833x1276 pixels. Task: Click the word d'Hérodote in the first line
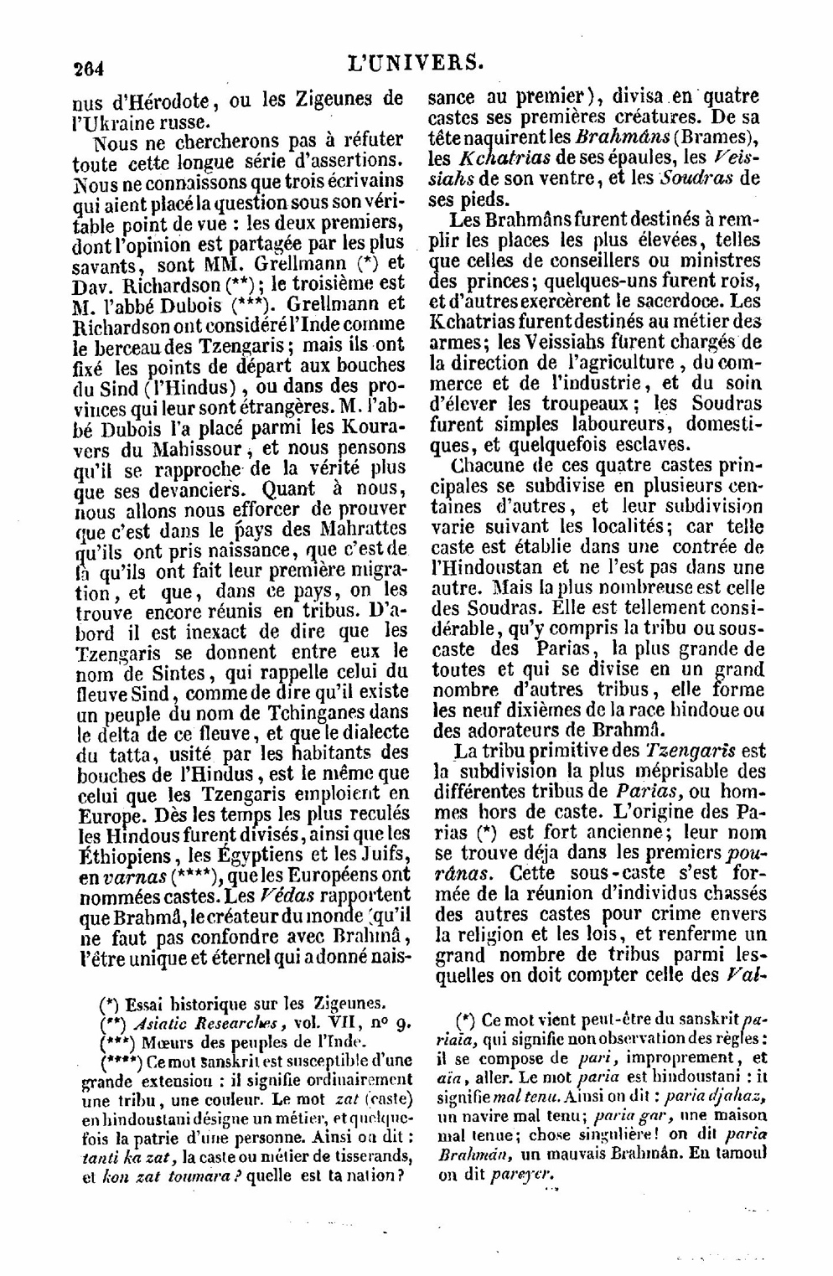[x=160, y=101]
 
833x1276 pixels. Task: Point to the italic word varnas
[x=130, y=876]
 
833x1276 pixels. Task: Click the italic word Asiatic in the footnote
[x=162, y=1025]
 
